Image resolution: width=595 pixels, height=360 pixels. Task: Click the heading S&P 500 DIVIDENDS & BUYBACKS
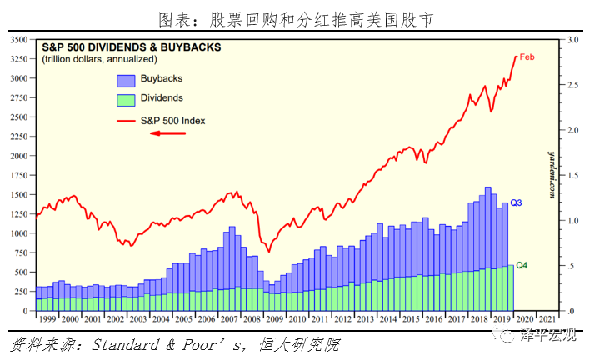pyautogui.click(x=131, y=47)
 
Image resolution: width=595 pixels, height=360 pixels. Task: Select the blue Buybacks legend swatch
pyautogui.click(x=126, y=80)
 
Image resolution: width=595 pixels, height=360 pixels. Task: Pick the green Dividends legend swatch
pyautogui.click(x=126, y=100)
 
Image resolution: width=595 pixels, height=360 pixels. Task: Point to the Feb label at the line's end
pyautogui.click(x=527, y=57)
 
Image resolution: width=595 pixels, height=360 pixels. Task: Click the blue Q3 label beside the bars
pyautogui.click(x=517, y=203)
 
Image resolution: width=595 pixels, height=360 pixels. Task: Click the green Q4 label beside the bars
pyautogui.click(x=522, y=266)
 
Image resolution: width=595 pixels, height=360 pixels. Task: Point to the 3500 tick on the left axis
pyautogui.click(x=17, y=39)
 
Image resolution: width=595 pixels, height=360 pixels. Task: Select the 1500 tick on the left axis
pyautogui.click(x=17, y=194)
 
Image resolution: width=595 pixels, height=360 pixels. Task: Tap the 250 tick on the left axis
pyautogui.click(x=20, y=291)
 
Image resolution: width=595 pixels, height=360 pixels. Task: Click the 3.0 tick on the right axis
pyautogui.click(x=572, y=40)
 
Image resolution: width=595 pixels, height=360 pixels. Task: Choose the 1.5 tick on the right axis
pyautogui.click(x=572, y=175)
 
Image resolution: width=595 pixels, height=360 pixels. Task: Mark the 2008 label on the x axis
pyautogui.click(x=251, y=319)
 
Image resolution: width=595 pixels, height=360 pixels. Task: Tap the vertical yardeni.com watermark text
pyautogui.click(x=552, y=175)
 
